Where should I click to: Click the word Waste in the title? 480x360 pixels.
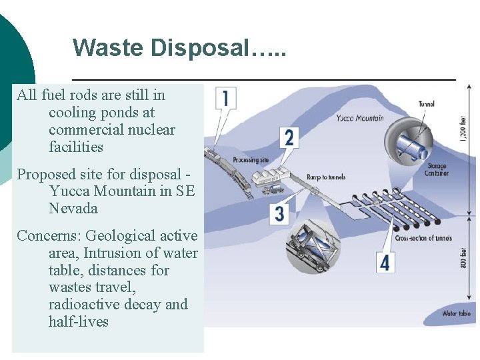[x=107, y=47]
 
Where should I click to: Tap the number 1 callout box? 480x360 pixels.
[x=225, y=99]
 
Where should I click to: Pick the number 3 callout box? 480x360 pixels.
[x=280, y=213]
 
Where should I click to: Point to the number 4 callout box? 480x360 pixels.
[x=384, y=262]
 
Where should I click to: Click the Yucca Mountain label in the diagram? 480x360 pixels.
[x=360, y=118]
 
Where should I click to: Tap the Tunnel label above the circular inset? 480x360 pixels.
[x=427, y=104]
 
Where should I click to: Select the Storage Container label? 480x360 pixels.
[x=437, y=170]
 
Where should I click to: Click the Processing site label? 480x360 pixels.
[x=251, y=160]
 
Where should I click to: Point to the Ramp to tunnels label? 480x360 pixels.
[x=326, y=177]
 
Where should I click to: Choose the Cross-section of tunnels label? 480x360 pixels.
[x=423, y=238]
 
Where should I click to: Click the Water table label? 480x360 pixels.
[x=456, y=313]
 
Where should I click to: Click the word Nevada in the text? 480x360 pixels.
[x=73, y=209]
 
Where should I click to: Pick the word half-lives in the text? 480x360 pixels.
[x=79, y=322]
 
